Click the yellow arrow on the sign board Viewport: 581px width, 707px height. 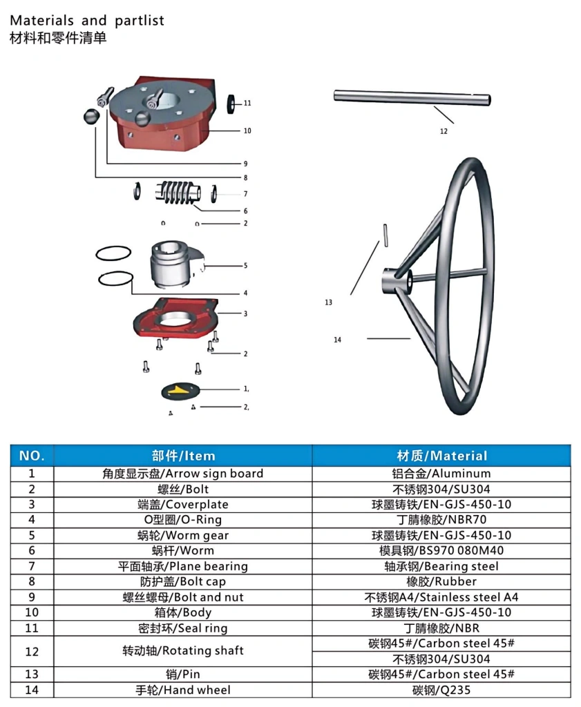[179, 391]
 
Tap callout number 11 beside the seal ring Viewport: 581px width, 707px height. [247, 104]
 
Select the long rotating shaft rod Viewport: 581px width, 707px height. [412, 98]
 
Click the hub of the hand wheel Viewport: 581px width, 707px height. [397, 280]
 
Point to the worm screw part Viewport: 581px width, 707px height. [178, 193]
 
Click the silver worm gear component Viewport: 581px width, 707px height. [176, 264]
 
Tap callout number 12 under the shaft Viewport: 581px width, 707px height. [444, 131]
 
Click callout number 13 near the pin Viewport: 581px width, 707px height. [328, 302]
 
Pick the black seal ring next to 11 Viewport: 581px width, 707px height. [231, 104]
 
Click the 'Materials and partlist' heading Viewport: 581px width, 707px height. [87, 21]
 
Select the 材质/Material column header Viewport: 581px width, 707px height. [442, 456]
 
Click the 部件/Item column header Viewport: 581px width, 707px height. [183, 456]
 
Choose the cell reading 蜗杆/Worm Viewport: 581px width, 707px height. [183, 550]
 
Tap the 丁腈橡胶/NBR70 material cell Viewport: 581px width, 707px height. [441, 520]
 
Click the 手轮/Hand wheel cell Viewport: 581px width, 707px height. [183, 690]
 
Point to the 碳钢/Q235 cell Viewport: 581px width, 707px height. [441, 690]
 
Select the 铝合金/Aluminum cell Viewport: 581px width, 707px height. [441, 474]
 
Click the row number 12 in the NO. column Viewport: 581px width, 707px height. [32, 652]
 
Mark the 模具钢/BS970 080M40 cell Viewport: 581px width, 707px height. [441, 550]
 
